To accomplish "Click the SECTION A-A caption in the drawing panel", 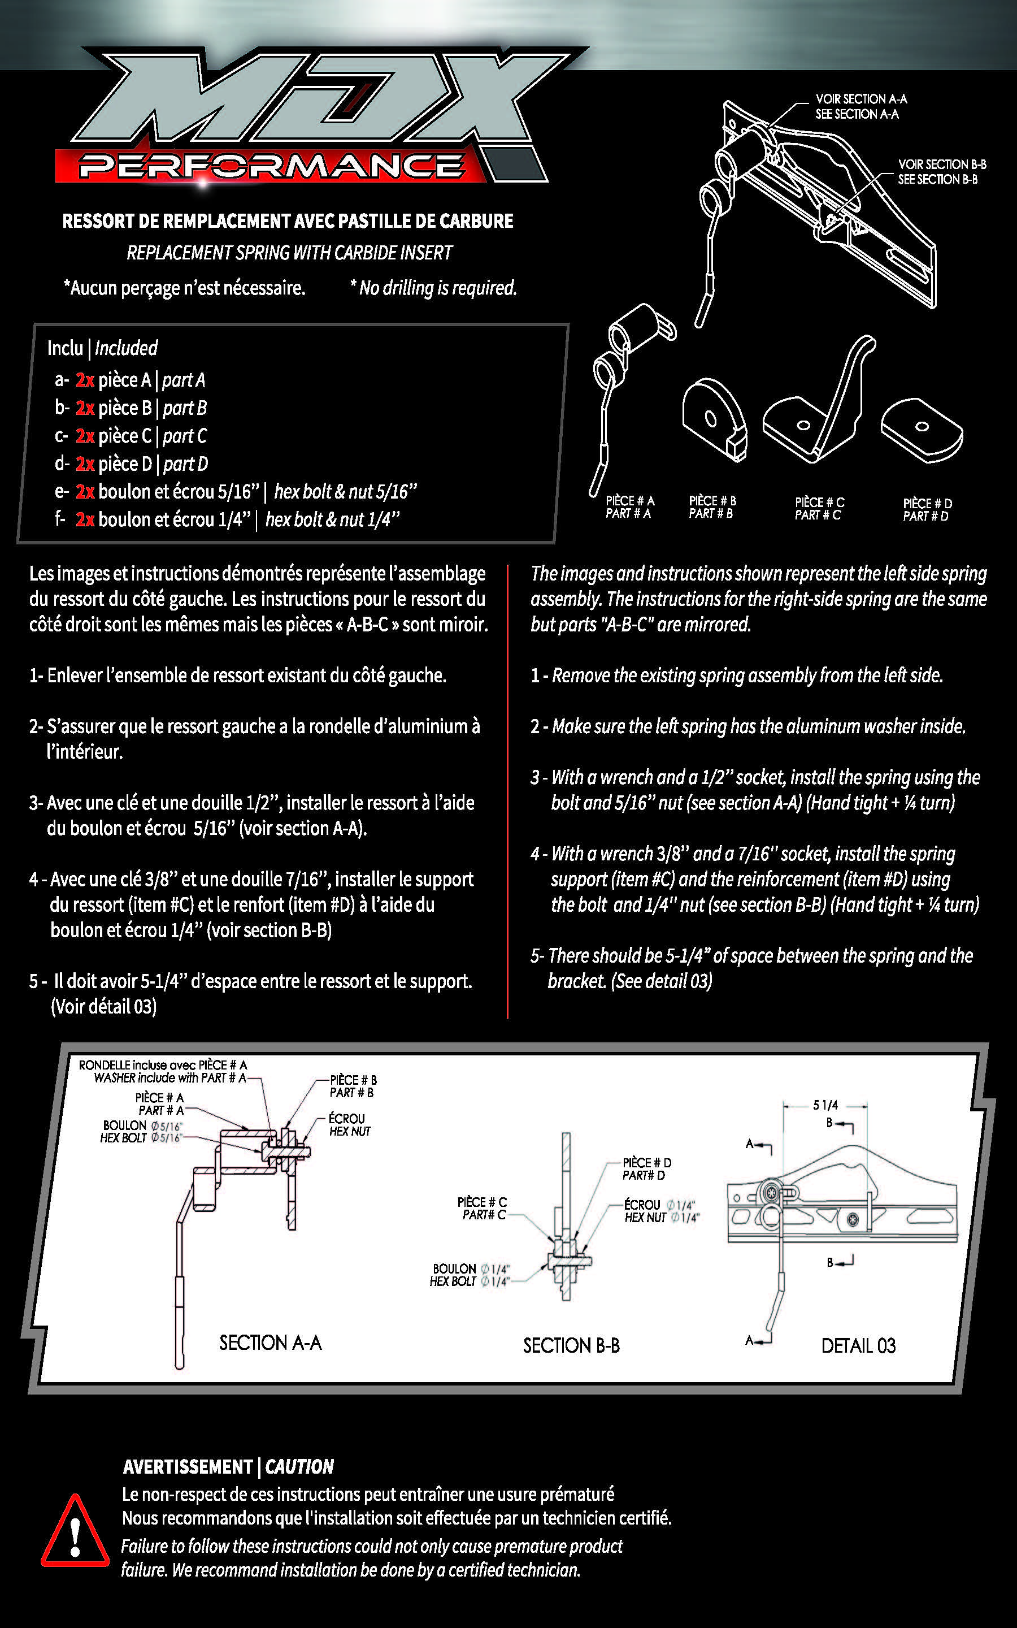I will pos(271,1343).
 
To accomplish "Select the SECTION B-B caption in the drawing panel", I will pos(571,1345).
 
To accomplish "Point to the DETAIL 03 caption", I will pos(858,1345).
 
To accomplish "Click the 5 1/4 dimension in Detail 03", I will pos(825,1105).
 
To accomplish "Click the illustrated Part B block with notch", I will pos(714,419).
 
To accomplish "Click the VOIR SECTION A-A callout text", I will pos(861,99).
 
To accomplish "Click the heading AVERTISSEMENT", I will pos(188,1466).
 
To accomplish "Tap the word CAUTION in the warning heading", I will pos(299,1466).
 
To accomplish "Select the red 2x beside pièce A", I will pos(85,380).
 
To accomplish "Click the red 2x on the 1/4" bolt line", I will pos(85,519).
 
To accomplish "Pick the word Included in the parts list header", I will pos(126,348).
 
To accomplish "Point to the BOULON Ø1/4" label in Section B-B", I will pos(470,1275).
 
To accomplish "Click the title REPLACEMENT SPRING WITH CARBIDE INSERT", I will pos(289,253).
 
